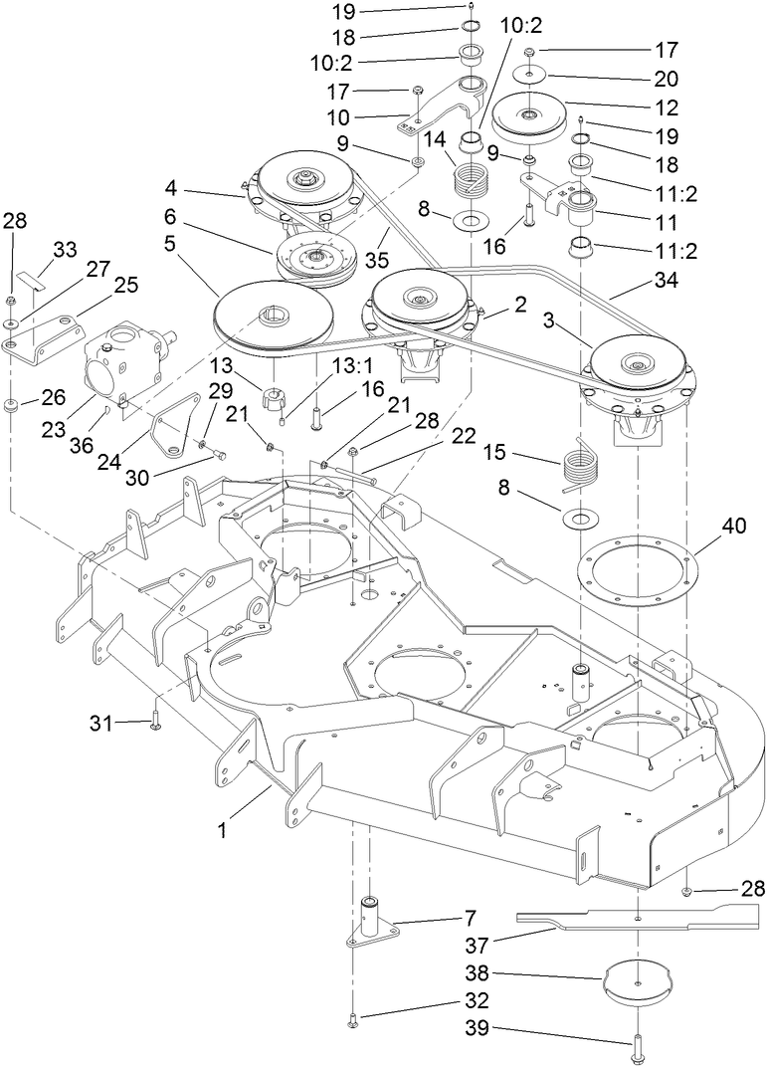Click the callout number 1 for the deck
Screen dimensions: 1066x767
223,828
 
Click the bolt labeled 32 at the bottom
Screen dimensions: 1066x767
354,1018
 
